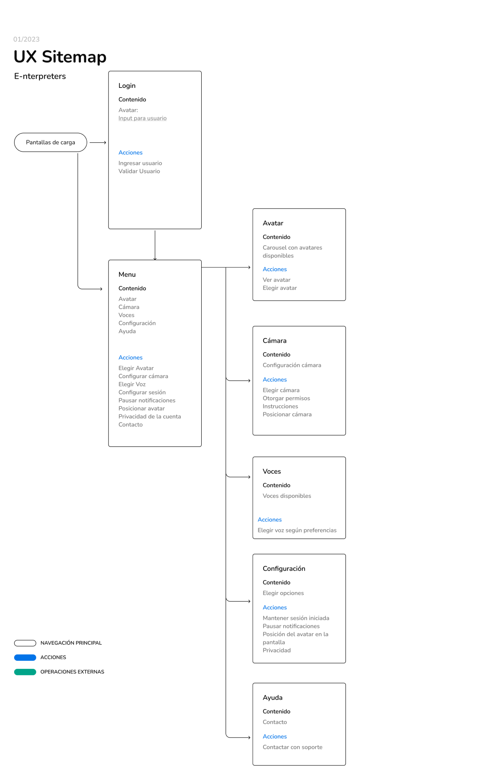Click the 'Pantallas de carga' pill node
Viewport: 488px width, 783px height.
pyautogui.click(x=50, y=142)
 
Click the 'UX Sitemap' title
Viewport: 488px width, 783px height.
pyautogui.click(x=60, y=57)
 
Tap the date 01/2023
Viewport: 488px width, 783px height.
pyautogui.click(x=26, y=39)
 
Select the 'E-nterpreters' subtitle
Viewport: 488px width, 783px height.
pyautogui.click(x=40, y=76)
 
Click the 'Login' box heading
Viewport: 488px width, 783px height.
pyautogui.click(x=127, y=86)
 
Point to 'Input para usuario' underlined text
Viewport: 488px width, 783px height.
pyautogui.click(x=142, y=118)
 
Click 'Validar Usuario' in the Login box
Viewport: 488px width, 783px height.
pyautogui.click(x=139, y=171)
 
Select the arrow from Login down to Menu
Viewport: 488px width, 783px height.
pyautogui.click(x=155, y=244)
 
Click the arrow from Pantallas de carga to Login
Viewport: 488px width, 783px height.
pyautogui.click(x=98, y=142)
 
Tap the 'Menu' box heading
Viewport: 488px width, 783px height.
pyautogui.click(x=127, y=275)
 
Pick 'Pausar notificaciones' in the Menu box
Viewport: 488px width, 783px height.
pyautogui.click(x=147, y=400)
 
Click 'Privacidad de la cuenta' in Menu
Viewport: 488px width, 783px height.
pyautogui.click(x=149, y=416)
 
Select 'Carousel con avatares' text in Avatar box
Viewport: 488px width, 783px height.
pyautogui.click(x=292, y=248)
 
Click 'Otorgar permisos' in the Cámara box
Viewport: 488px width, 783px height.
pyautogui.click(x=286, y=398)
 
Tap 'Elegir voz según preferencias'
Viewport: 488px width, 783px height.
pyautogui.click(x=297, y=530)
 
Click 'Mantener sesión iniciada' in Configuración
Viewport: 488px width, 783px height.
pyautogui.click(x=296, y=618)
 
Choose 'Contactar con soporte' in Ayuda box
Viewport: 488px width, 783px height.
pyautogui.click(x=292, y=747)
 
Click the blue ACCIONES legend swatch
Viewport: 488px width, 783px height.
pyautogui.click(x=25, y=657)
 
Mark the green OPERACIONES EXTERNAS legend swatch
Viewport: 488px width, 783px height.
pyautogui.click(x=25, y=672)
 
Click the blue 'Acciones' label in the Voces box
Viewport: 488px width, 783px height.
pyautogui.click(x=270, y=519)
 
